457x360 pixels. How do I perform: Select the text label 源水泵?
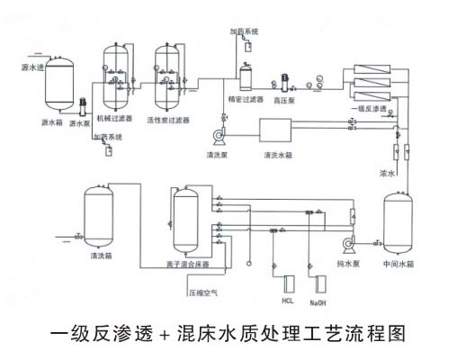(81, 123)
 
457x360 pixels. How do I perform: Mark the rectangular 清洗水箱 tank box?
(279, 130)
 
